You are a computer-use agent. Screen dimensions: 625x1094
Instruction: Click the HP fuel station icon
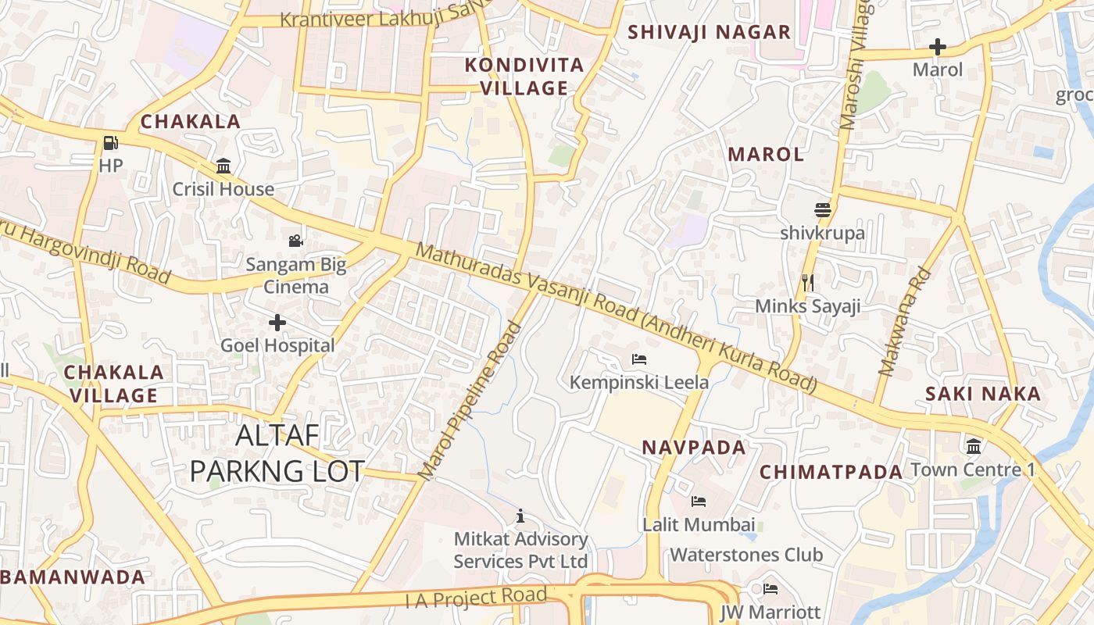click(111, 143)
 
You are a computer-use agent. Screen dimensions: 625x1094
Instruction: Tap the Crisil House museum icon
click(223, 166)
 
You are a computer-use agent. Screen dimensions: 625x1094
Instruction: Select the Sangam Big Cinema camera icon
click(295, 241)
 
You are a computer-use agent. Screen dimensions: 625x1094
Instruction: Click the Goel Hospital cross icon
click(277, 322)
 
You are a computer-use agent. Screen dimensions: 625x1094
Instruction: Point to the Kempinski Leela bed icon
click(638, 359)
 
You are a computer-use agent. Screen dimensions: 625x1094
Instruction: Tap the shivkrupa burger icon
click(822, 210)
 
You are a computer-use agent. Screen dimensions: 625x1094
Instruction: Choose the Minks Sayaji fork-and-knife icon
click(808, 282)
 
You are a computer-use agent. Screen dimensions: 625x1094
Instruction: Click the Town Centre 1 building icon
click(974, 447)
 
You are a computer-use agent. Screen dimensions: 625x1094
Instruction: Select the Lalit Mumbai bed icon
click(699, 501)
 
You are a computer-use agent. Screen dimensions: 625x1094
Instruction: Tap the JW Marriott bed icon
click(770, 588)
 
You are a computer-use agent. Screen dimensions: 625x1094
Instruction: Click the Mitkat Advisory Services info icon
click(520, 516)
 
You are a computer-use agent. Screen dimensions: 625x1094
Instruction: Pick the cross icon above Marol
click(938, 47)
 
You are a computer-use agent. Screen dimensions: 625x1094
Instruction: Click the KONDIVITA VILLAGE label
click(524, 77)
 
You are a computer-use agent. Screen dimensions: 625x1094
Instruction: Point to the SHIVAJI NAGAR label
click(710, 32)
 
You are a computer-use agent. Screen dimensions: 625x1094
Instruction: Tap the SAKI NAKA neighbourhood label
click(983, 394)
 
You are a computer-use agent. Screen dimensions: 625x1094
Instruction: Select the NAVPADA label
click(694, 448)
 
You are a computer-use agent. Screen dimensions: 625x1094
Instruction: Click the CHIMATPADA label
click(831, 472)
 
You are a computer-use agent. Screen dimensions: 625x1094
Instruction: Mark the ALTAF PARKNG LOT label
click(277, 453)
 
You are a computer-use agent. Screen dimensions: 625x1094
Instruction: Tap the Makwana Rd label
click(906, 322)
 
